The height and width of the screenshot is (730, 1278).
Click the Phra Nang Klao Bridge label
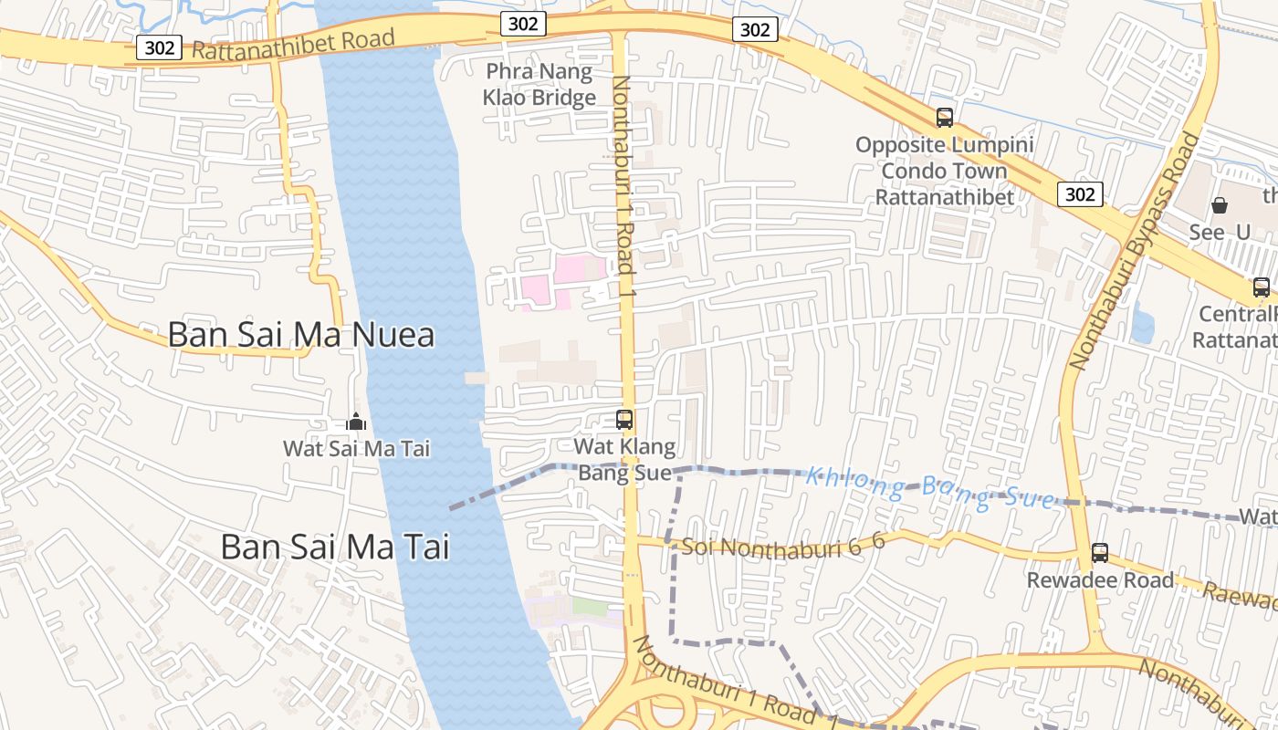(x=539, y=85)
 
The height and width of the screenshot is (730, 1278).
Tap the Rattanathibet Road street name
(x=293, y=43)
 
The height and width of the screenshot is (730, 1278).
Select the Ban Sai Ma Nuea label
(x=301, y=335)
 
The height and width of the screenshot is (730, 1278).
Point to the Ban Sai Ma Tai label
(x=335, y=547)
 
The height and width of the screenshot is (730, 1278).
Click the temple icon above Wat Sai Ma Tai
(x=356, y=422)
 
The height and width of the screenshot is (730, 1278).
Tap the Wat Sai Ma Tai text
(x=356, y=448)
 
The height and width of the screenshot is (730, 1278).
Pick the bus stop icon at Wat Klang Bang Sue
(x=624, y=420)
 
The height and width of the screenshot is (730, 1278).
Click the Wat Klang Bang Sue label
(x=625, y=460)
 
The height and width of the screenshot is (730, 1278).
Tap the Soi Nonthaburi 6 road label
(x=783, y=544)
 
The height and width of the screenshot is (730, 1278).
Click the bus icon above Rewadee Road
(x=1100, y=552)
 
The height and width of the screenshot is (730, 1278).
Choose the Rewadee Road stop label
(x=1100, y=580)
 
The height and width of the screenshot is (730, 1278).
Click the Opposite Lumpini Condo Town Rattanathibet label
(x=944, y=171)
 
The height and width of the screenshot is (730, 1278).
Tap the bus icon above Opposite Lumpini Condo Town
(x=944, y=118)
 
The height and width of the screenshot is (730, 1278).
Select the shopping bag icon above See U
(x=1219, y=205)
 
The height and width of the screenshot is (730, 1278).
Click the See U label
(x=1219, y=233)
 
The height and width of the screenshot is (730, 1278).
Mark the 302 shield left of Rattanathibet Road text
(x=159, y=47)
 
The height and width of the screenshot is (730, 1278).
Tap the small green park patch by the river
(x=590, y=606)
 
